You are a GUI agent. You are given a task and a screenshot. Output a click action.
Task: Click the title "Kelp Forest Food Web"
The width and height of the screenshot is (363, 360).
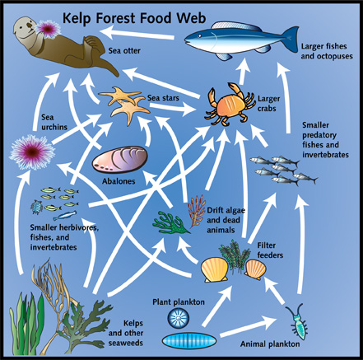pyautogui.click(x=134, y=18)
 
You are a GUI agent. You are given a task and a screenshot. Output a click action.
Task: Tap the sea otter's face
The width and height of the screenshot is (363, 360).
pyautogui.click(x=24, y=27)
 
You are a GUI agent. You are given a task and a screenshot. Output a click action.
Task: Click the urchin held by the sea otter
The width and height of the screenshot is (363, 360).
pyautogui.click(x=48, y=28)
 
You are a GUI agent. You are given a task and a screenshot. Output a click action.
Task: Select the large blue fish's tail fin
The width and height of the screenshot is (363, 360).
pyautogui.click(x=291, y=39)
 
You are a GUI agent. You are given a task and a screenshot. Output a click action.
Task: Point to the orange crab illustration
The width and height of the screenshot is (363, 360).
pyautogui.click(x=230, y=105)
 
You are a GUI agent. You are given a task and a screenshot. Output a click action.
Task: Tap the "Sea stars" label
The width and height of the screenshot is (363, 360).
pyautogui.click(x=163, y=98)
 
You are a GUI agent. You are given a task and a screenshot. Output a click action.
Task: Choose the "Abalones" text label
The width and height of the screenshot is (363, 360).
pyautogui.click(x=119, y=181)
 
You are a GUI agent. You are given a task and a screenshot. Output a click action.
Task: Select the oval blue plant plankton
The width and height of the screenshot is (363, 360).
pyautogui.click(x=189, y=341)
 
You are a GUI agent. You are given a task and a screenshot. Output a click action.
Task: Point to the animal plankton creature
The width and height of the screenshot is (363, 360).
pyautogui.click(x=297, y=320)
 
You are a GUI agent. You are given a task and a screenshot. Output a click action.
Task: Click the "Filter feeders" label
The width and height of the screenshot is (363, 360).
pyautogui.click(x=270, y=250)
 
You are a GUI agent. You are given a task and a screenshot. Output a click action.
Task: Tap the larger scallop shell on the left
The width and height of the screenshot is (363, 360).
pyautogui.click(x=215, y=269)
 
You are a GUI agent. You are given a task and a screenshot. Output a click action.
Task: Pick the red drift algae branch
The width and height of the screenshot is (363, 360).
pyautogui.click(x=197, y=211)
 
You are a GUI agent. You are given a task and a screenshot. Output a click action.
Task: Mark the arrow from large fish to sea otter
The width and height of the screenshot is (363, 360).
pyautogui.click(x=137, y=34)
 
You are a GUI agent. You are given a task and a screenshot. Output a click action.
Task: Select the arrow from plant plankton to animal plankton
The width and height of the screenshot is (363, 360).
pyautogui.click(x=249, y=327)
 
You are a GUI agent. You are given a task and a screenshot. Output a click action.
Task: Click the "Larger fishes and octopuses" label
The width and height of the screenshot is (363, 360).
pyautogui.click(x=327, y=51)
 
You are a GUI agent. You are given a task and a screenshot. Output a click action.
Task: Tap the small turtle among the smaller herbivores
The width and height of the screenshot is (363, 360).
pyautogui.click(x=36, y=207)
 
